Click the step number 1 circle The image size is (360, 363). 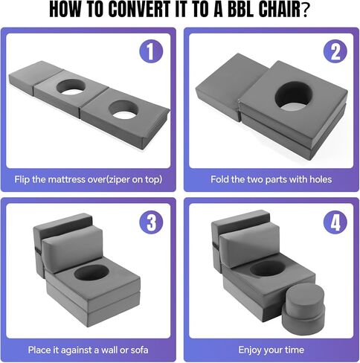point(151,51)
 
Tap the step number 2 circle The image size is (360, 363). point(335,51)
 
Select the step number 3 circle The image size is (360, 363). point(151,222)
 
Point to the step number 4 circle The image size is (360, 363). point(335,222)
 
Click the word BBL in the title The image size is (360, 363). point(238,10)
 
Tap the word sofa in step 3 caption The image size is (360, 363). point(138,350)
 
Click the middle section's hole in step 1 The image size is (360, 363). point(71,87)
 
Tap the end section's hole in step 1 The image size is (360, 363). point(123,109)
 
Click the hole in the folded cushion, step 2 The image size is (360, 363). point(293,96)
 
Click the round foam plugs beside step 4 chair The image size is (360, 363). point(303,309)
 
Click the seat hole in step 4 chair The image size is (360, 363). point(268,269)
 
